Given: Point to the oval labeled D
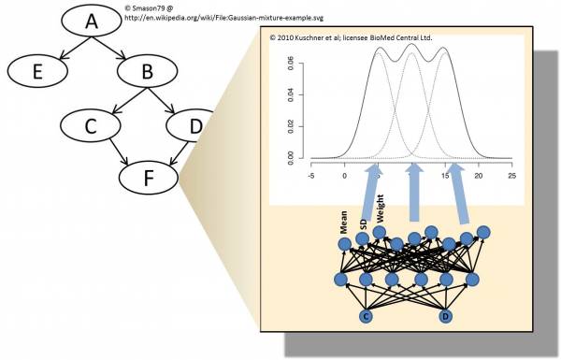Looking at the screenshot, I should (x=191, y=123).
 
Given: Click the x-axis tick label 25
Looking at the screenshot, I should (x=511, y=176).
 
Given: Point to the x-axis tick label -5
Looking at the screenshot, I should (x=311, y=176).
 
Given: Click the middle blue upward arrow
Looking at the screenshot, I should (x=415, y=196).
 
